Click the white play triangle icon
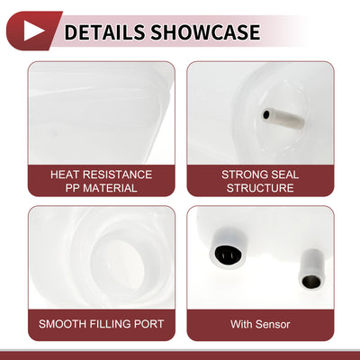[32, 31]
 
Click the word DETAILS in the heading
[104, 32]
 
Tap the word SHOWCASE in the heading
[205, 32]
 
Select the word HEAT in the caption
[65, 175]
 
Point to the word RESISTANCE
[118, 175]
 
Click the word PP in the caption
[72, 188]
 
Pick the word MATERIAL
[110, 188]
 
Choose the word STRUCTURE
[260, 188]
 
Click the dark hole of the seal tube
[266, 114]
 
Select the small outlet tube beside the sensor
[311, 269]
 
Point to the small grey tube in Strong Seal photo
[283, 118]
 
